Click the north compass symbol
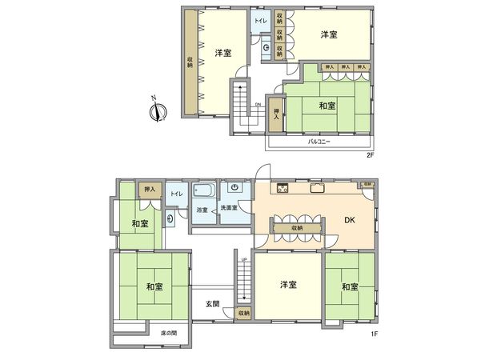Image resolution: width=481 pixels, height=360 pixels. coord(157,110)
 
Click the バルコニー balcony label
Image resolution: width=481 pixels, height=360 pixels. coord(320,141)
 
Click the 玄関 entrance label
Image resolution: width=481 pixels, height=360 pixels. coord(212,304)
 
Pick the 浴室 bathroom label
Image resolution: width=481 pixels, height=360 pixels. coord(202,210)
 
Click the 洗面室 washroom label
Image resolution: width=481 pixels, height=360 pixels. coord(232,210)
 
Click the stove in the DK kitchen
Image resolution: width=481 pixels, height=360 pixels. coord(283,189)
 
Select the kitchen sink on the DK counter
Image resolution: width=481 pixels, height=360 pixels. coord(317,189)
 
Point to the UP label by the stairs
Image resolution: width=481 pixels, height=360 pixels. coord(243,260)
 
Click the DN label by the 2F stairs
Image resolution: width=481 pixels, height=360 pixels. coord(258,104)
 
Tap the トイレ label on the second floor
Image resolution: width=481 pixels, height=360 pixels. coord(261,19)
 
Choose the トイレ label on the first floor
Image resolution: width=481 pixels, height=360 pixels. coord(177,194)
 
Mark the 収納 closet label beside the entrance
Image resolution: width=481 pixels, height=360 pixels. coord(243,313)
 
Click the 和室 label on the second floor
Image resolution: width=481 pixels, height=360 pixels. coord(327,105)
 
